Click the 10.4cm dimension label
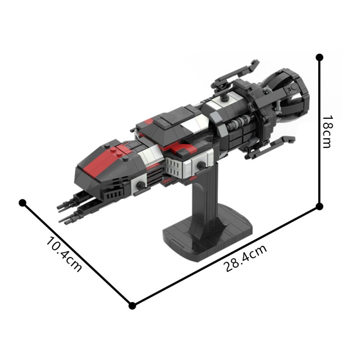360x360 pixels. click(x=64, y=254)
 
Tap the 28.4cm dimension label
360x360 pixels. click(x=245, y=258)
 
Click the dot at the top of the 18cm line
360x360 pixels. click(x=319, y=58)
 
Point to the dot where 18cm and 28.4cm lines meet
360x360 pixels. click(x=319, y=207)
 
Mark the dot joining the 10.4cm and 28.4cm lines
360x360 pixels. click(x=132, y=306)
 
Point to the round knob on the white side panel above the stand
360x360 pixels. click(x=198, y=166)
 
